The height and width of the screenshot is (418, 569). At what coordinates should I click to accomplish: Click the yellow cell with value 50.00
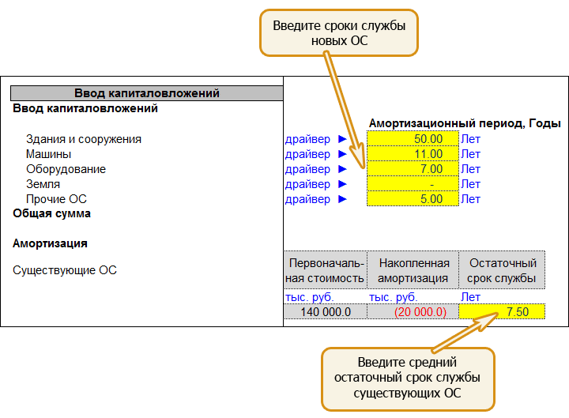[x=413, y=138]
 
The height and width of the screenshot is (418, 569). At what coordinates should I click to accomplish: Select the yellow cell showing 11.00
[x=413, y=154]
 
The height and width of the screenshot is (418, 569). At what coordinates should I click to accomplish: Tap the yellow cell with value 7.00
[x=413, y=169]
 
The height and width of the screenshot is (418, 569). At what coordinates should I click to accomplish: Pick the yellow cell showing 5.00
[x=413, y=199]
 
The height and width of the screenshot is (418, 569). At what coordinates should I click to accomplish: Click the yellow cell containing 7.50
[x=502, y=311]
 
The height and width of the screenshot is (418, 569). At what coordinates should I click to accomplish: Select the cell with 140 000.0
[x=326, y=311]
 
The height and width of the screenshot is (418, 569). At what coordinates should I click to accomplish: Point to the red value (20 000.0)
[x=420, y=312]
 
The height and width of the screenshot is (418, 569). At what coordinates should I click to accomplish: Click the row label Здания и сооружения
[x=84, y=139]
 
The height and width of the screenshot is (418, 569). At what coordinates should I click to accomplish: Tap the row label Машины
[x=49, y=154]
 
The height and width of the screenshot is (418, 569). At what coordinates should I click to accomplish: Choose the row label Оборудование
[x=66, y=169]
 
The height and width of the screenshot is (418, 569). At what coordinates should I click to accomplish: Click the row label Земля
[x=43, y=184]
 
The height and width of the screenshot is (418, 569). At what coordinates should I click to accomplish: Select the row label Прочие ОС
[x=56, y=199]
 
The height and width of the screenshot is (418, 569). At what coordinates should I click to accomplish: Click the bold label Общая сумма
[x=51, y=213]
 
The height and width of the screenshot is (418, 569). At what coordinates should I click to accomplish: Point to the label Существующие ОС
[x=65, y=270]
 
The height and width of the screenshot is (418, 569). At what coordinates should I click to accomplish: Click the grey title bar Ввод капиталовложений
[x=147, y=93]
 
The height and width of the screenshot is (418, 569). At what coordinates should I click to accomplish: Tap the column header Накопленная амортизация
[x=413, y=270]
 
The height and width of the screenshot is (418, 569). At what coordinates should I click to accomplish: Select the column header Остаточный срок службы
[x=502, y=270]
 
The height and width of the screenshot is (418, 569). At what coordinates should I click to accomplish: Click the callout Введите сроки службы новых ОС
[x=339, y=33]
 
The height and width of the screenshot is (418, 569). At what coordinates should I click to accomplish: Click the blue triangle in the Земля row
[x=342, y=184]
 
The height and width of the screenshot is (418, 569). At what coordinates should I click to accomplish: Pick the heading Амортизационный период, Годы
[x=465, y=124]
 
